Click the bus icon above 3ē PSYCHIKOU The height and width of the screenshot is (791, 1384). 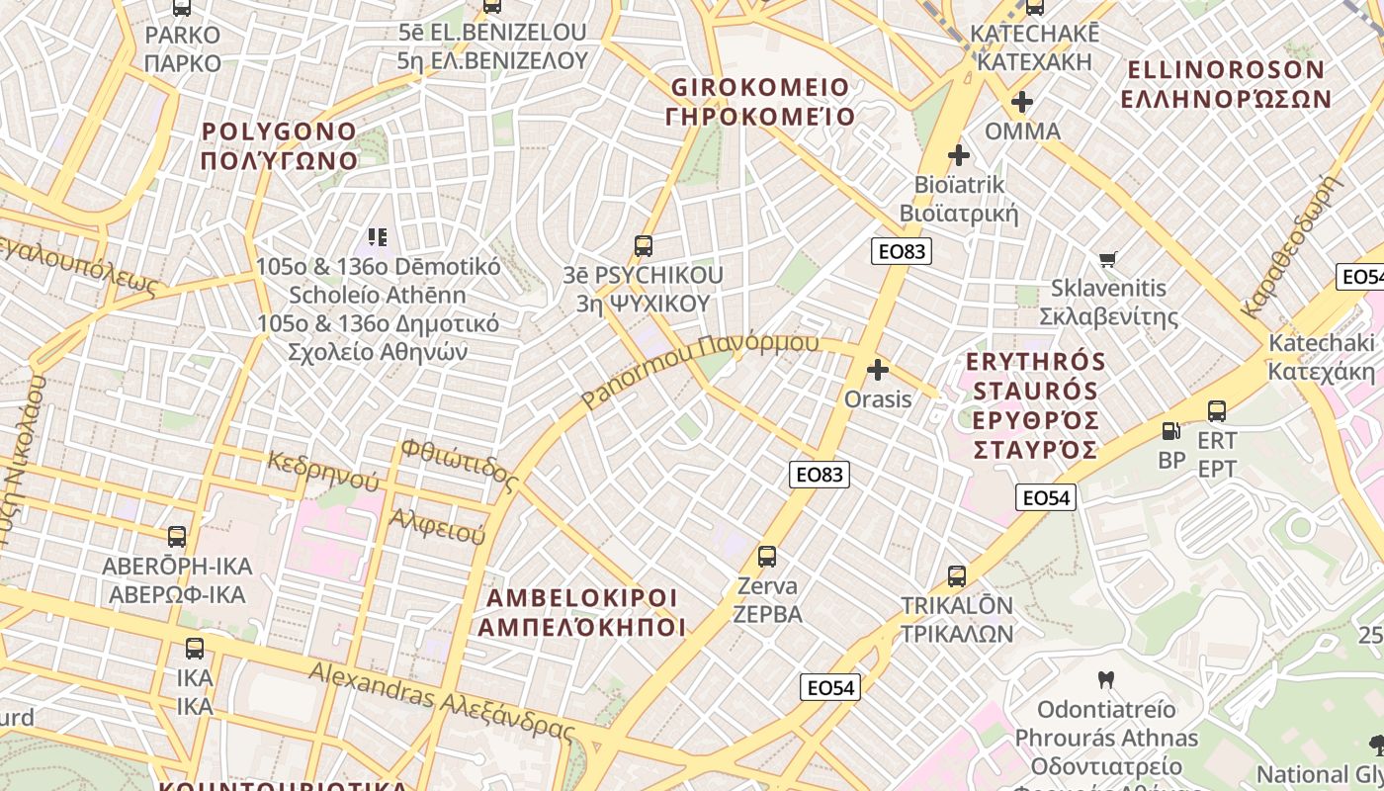pyautogui.click(x=644, y=245)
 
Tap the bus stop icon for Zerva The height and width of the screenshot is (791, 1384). pyautogui.click(x=767, y=556)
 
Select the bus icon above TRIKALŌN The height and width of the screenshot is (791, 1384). pyautogui.click(x=956, y=575)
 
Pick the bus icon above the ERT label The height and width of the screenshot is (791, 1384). pyautogui.click(x=1217, y=410)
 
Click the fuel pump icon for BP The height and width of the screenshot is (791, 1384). pyautogui.click(x=1171, y=431)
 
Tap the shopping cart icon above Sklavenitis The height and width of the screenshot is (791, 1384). pyautogui.click(x=1108, y=259)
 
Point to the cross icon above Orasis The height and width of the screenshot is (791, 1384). pyautogui.click(x=878, y=370)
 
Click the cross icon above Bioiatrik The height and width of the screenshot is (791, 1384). pyautogui.click(x=958, y=155)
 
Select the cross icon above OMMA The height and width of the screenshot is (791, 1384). pyautogui.click(x=1022, y=102)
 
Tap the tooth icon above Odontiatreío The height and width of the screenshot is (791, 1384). pyautogui.click(x=1106, y=680)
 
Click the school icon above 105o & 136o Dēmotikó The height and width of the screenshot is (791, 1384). pyautogui.click(x=378, y=237)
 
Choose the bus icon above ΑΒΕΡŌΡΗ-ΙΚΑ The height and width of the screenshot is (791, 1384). pyautogui.click(x=177, y=537)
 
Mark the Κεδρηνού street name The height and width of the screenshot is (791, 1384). pyautogui.click(x=323, y=471)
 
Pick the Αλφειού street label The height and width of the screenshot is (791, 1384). pyautogui.click(x=438, y=526)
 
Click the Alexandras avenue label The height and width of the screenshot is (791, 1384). pyautogui.click(x=441, y=700)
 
